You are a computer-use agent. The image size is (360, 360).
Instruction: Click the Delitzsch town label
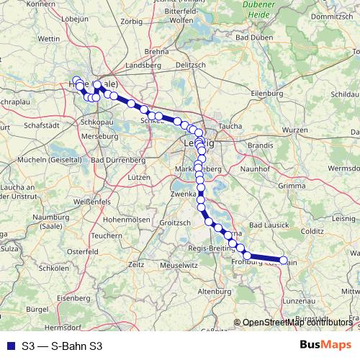point(190,65)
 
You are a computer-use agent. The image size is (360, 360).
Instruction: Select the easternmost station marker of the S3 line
point(283,261)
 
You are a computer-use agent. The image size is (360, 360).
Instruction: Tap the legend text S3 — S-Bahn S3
point(62,346)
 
